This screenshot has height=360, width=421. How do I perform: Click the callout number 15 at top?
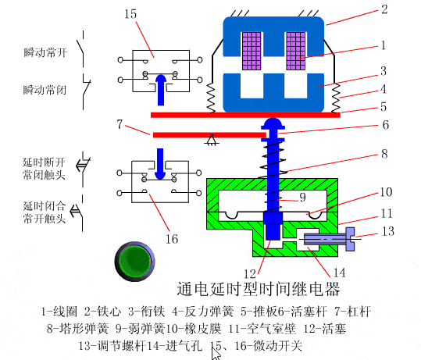pyautogui.click(x=130, y=14)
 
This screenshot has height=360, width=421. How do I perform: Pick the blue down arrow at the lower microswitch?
pyautogui.click(x=162, y=162)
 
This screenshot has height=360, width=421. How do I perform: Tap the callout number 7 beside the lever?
pyautogui.click(x=120, y=123)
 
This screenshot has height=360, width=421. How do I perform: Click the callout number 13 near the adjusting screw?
pyautogui.click(x=387, y=231)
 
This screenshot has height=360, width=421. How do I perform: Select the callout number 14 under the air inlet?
pyautogui.click(x=338, y=273)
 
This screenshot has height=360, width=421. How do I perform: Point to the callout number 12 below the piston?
pyautogui.click(x=249, y=273)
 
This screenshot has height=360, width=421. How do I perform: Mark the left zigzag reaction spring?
pyautogui.click(x=211, y=97)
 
